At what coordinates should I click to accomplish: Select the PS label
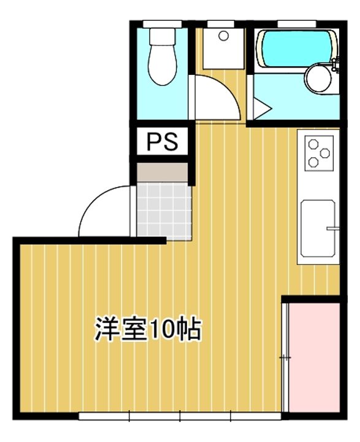(162, 142)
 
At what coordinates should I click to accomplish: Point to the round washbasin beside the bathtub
(318, 79)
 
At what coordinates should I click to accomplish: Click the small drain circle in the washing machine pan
(223, 36)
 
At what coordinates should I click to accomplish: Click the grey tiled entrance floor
(162, 209)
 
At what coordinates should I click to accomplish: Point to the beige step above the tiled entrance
(162, 173)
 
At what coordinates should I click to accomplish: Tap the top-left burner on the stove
(313, 145)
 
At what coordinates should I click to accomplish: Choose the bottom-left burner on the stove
(313, 162)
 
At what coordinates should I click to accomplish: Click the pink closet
(313, 356)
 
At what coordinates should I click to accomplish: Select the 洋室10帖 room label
(148, 330)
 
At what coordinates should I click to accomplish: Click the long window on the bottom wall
(180, 416)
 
